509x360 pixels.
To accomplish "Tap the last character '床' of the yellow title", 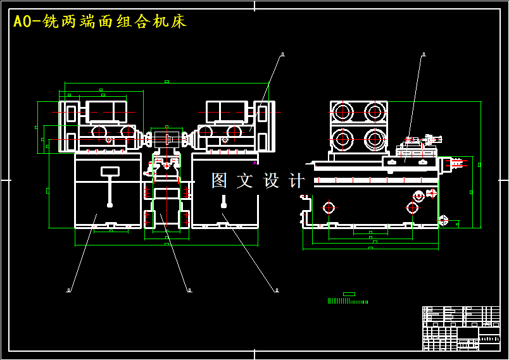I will pos(179,22).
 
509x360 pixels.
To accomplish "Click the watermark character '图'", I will pos(219,180).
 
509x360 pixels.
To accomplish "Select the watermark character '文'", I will pos(244,180).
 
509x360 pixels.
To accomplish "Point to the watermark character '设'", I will pos(271,180).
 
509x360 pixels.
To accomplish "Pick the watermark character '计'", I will pos(296,180).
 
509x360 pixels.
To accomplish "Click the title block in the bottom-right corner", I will pos(461,328).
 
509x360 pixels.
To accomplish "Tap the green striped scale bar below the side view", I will pos(348,301).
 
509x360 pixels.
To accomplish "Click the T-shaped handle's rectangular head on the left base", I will pos(110,171).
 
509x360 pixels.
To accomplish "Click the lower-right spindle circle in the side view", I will pos(375,139).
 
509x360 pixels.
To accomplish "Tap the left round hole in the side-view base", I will pos(329,208).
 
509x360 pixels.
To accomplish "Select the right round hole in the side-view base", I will pos(412,208).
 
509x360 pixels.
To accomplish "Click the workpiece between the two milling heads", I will pos(167,138).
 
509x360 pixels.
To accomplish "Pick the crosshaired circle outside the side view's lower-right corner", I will pos(443,220).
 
